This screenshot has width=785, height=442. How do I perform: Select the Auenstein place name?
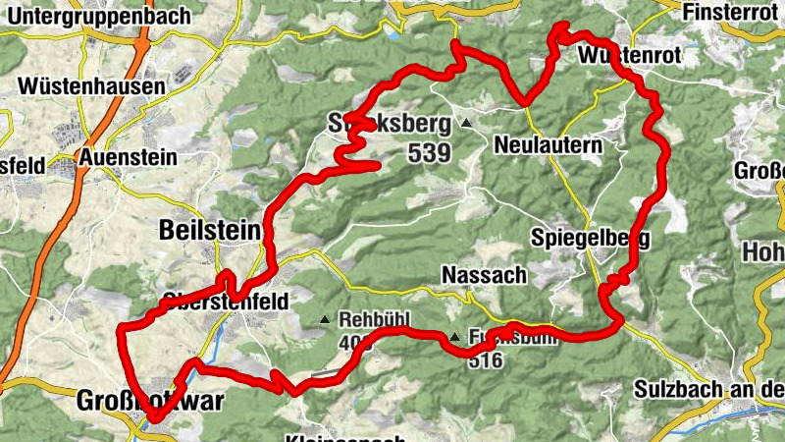pyautogui.click(x=130, y=157)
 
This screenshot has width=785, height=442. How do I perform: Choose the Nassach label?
pyautogui.click(x=484, y=275)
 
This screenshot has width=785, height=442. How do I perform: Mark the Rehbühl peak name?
pyautogui.click(x=372, y=319)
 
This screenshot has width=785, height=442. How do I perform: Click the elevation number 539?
pyautogui.click(x=430, y=153)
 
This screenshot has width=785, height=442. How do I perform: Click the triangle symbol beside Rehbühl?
pyautogui.click(x=325, y=319)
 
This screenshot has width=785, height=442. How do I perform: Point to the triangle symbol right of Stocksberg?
pyautogui.click(x=466, y=124)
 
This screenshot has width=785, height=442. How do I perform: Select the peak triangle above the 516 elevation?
pyautogui.click(x=454, y=339)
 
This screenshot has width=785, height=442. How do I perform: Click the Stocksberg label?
pyautogui.click(x=389, y=124)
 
